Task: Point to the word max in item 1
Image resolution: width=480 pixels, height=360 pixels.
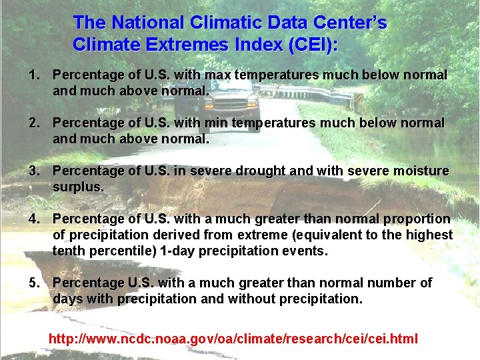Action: (x=218, y=75)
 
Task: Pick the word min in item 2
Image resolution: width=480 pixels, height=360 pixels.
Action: (x=216, y=123)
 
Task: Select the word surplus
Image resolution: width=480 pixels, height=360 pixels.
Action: (x=78, y=187)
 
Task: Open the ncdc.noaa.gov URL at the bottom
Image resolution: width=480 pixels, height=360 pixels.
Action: (x=233, y=339)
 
